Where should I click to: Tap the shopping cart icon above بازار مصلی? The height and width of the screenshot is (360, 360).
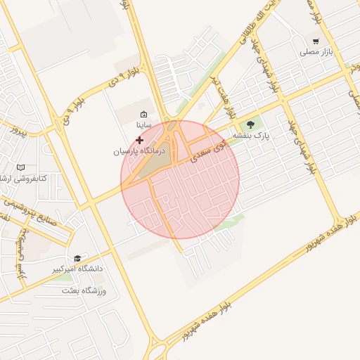coord(316,41)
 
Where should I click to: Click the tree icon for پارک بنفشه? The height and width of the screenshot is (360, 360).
coord(252,124)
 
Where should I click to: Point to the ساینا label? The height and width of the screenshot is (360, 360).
coord(143,124)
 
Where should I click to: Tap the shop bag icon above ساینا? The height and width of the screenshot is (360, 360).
coord(144,115)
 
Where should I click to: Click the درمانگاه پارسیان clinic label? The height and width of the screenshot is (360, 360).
coord(139,150)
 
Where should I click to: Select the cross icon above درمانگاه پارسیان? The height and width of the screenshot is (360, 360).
coord(139,140)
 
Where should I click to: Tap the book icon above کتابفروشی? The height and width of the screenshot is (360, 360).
coord(20,167)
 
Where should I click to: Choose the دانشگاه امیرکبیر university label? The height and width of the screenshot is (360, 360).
coord(77,269)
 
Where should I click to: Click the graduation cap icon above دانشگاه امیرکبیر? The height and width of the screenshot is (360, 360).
coord(77,258)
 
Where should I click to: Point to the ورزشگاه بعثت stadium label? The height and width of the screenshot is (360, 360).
coord(83,290)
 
